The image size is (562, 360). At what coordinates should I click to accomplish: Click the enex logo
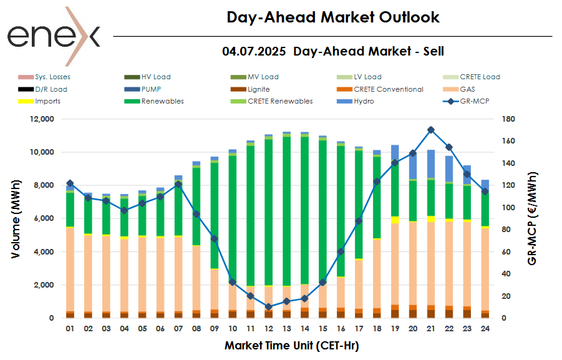(x=53, y=36)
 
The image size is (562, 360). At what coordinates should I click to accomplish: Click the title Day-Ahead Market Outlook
(x=332, y=17)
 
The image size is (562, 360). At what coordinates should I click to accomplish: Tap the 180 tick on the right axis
(x=506, y=119)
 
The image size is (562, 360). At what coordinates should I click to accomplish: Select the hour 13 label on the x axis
(x=287, y=328)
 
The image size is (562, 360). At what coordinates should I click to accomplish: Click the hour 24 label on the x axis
(x=485, y=328)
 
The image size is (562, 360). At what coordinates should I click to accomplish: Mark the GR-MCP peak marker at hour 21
(x=431, y=130)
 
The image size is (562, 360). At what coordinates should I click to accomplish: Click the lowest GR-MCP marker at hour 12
(x=269, y=307)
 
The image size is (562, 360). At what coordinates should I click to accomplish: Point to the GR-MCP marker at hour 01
(x=70, y=183)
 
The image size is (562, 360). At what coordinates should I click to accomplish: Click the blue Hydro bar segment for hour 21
(x=431, y=164)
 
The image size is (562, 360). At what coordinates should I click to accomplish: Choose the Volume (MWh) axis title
(x=17, y=218)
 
